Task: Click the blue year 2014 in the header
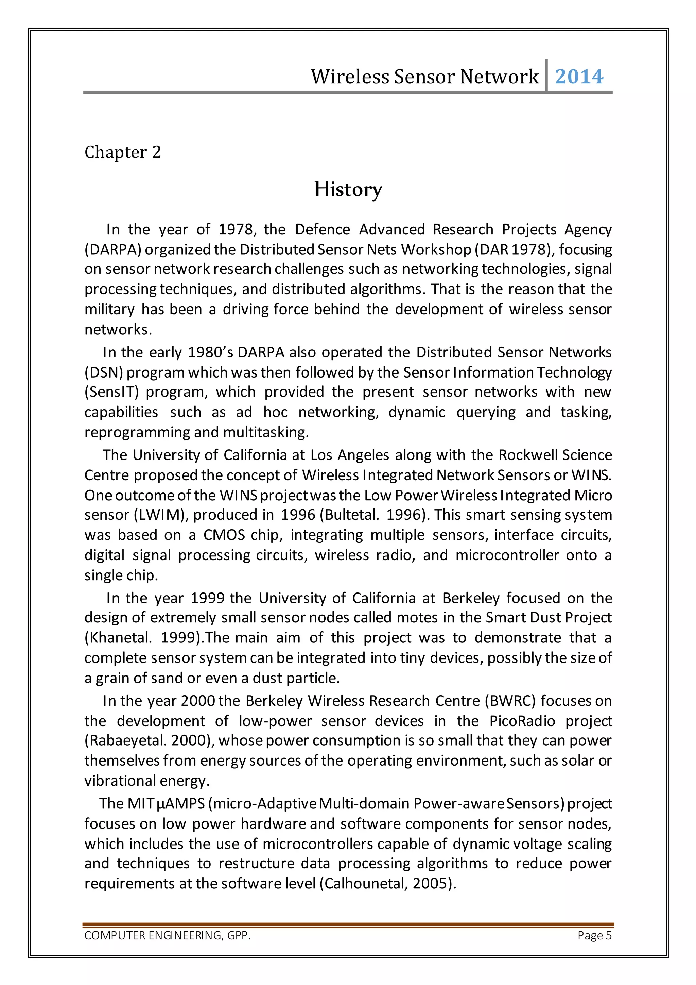point(579,77)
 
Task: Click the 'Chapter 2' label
point(123,152)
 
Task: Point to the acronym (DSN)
point(104,372)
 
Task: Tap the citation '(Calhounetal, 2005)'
point(387,883)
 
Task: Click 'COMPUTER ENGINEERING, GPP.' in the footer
point(168,935)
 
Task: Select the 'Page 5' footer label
point(594,935)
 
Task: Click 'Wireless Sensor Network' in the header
point(424,77)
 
